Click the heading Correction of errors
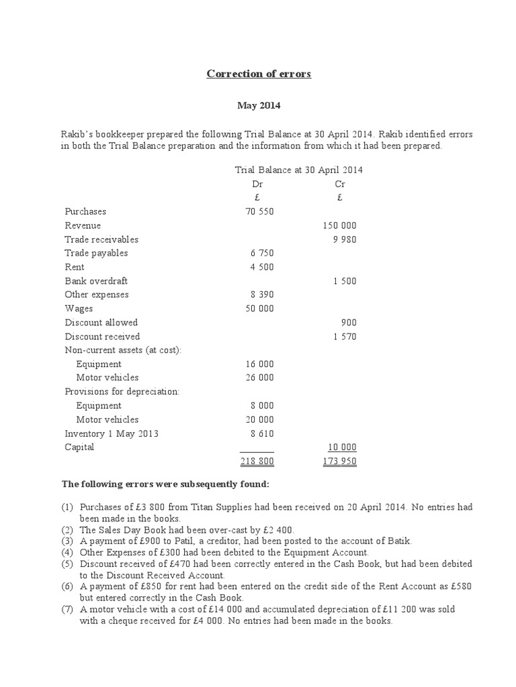pos(259,74)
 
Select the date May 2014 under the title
pos(259,105)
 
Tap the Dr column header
pos(257,183)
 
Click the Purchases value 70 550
pos(260,211)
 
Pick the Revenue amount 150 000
pos(341,225)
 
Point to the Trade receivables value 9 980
pos(345,240)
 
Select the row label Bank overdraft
pos(96,281)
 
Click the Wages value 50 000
pos(260,309)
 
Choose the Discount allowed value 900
pos(349,323)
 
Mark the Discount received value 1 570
pos(345,337)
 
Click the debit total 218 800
pos(257,462)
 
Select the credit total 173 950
pos(340,462)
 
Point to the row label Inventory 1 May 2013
pos(112,433)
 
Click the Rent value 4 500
pos(262,267)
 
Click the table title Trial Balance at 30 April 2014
pos(298,170)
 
